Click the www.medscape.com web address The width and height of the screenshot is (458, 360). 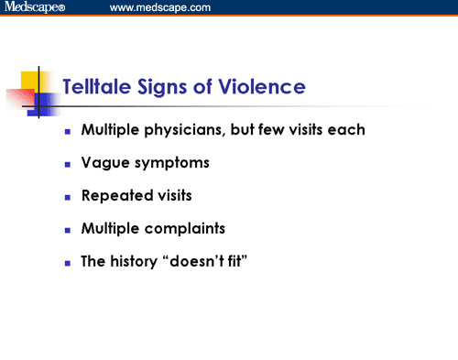pyautogui.click(x=160, y=8)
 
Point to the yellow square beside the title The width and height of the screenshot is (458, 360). pyautogui.click(x=34, y=78)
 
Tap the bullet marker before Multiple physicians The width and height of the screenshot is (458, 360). pyautogui.click(x=67, y=131)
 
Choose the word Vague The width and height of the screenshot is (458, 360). pyautogui.click(x=103, y=163)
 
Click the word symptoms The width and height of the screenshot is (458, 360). pyautogui.click(x=167, y=164)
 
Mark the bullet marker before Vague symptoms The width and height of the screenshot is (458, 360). pyautogui.click(x=67, y=164)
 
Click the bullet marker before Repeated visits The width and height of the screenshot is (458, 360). pyautogui.click(x=67, y=197)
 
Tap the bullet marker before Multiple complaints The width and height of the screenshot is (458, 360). pyautogui.click(x=67, y=230)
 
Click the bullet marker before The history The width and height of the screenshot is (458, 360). pyautogui.click(x=67, y=263)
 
